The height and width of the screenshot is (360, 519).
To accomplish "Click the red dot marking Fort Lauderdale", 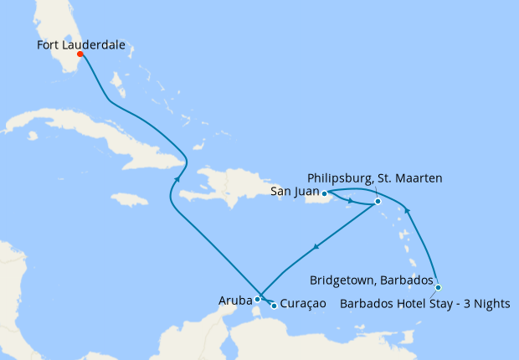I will coord(80,54).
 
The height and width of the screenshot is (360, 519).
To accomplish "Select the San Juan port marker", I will coord(325,193).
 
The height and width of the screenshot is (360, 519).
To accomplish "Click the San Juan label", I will coord(295,193).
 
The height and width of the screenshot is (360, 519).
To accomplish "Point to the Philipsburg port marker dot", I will coord(378,201).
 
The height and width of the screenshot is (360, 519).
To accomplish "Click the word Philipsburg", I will coord(342,178).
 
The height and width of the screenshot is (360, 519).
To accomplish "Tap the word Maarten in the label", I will coord(419,178).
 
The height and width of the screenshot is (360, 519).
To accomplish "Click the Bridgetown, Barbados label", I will coord(371,280).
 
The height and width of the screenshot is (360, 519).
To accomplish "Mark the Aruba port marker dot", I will coord(258,298).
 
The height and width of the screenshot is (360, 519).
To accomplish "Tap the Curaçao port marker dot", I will coord(274,306).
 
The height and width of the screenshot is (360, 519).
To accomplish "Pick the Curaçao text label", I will coord(303,306).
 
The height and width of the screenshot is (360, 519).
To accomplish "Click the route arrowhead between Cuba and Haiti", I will coord(177,178).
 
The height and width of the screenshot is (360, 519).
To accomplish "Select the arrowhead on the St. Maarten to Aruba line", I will coord(316,247).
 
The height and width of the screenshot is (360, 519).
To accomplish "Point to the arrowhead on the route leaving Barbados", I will coord(408,212).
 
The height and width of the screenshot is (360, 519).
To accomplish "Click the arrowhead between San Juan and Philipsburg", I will coord(352,200).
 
